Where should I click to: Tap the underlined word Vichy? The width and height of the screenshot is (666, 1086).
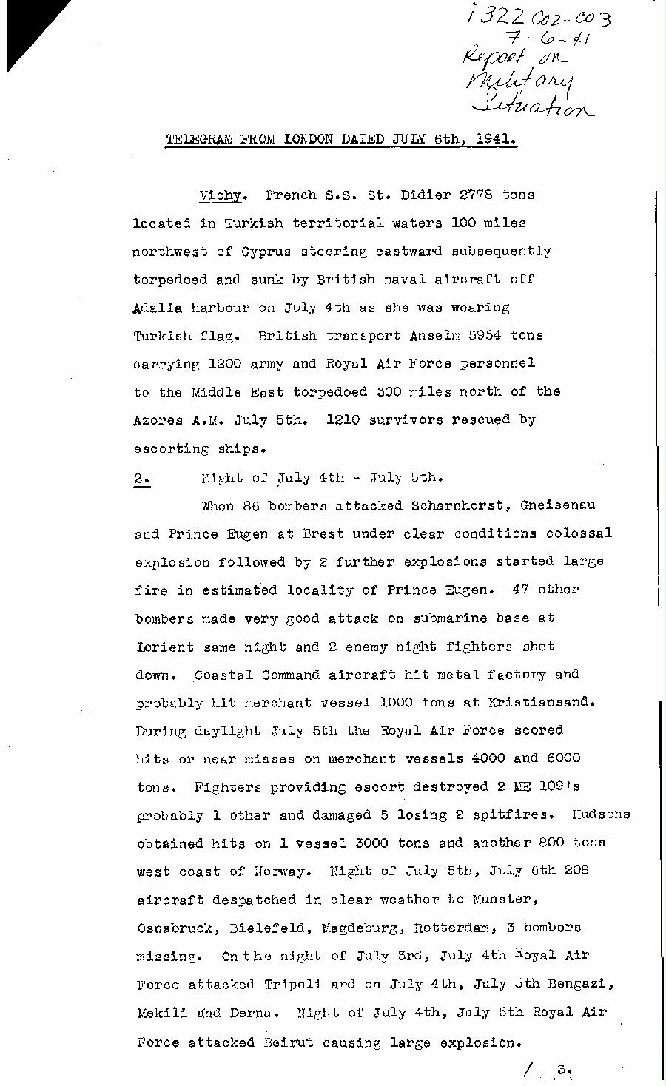[221, 196]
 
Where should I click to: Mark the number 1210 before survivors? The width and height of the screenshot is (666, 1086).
[343, 420]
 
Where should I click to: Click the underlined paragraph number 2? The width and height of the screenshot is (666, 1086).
[142, 479]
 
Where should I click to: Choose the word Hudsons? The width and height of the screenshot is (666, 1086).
[601, 814]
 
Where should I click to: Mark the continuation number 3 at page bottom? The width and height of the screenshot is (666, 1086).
[564, 1070]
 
